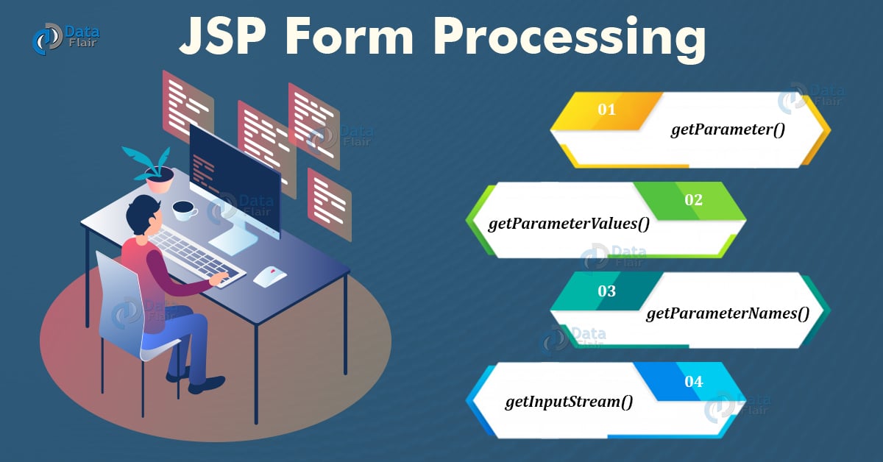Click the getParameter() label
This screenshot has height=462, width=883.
tap(728, 130)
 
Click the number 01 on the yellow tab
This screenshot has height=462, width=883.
tap(606, 110)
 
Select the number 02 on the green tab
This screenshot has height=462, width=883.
tap(693, 200)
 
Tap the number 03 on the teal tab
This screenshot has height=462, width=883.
tap(606, 291)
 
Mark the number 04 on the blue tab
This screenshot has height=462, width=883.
tap(693, 382)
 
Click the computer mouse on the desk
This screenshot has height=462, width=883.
tap(270, 276)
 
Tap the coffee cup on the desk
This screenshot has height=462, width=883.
tap(185, 210)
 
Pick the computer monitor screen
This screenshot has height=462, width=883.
tap(234, 180)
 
